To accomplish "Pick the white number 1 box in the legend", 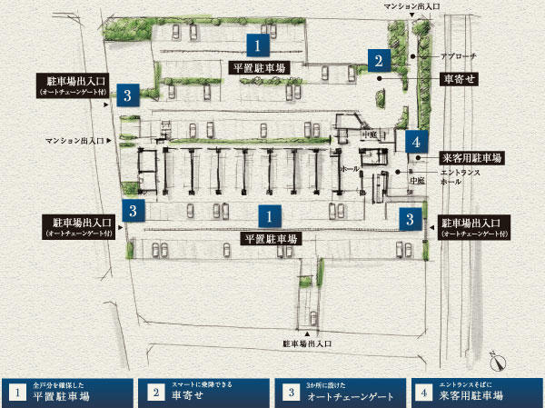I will pyautogui.click(x=16, y=392).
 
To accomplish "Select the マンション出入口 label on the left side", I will pyautogui.click(x=76, y=141).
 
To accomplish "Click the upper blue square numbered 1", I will pyautogui.click(x=260, y=45).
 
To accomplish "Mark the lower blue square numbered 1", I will pyautogui.click(x=268, y=216).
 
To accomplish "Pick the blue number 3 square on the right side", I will pyautogui.click(x=411, y=218).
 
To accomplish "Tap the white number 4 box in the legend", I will pyautogui.click(x=423, y=392).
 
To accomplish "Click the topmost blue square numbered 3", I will pyautogui.click(x=130, y=95).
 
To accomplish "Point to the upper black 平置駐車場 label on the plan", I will pyautogui.click(x=258, y=67).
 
